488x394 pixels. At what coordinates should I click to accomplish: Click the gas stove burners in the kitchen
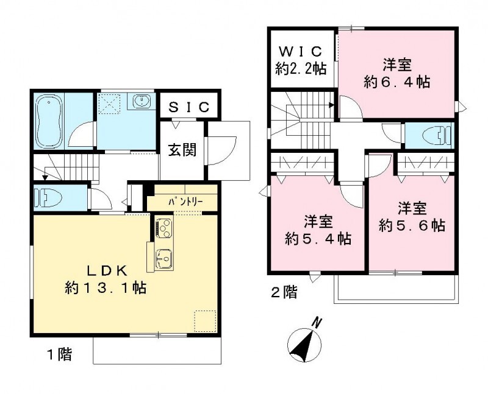164,228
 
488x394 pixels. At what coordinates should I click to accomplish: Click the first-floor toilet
46,197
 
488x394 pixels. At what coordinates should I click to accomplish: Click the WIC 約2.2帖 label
301,60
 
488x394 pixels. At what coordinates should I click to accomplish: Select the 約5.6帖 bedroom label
412,217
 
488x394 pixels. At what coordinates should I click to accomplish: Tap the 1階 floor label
59,354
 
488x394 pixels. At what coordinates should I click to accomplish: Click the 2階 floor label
284,293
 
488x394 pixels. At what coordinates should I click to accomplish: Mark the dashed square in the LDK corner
204,320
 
